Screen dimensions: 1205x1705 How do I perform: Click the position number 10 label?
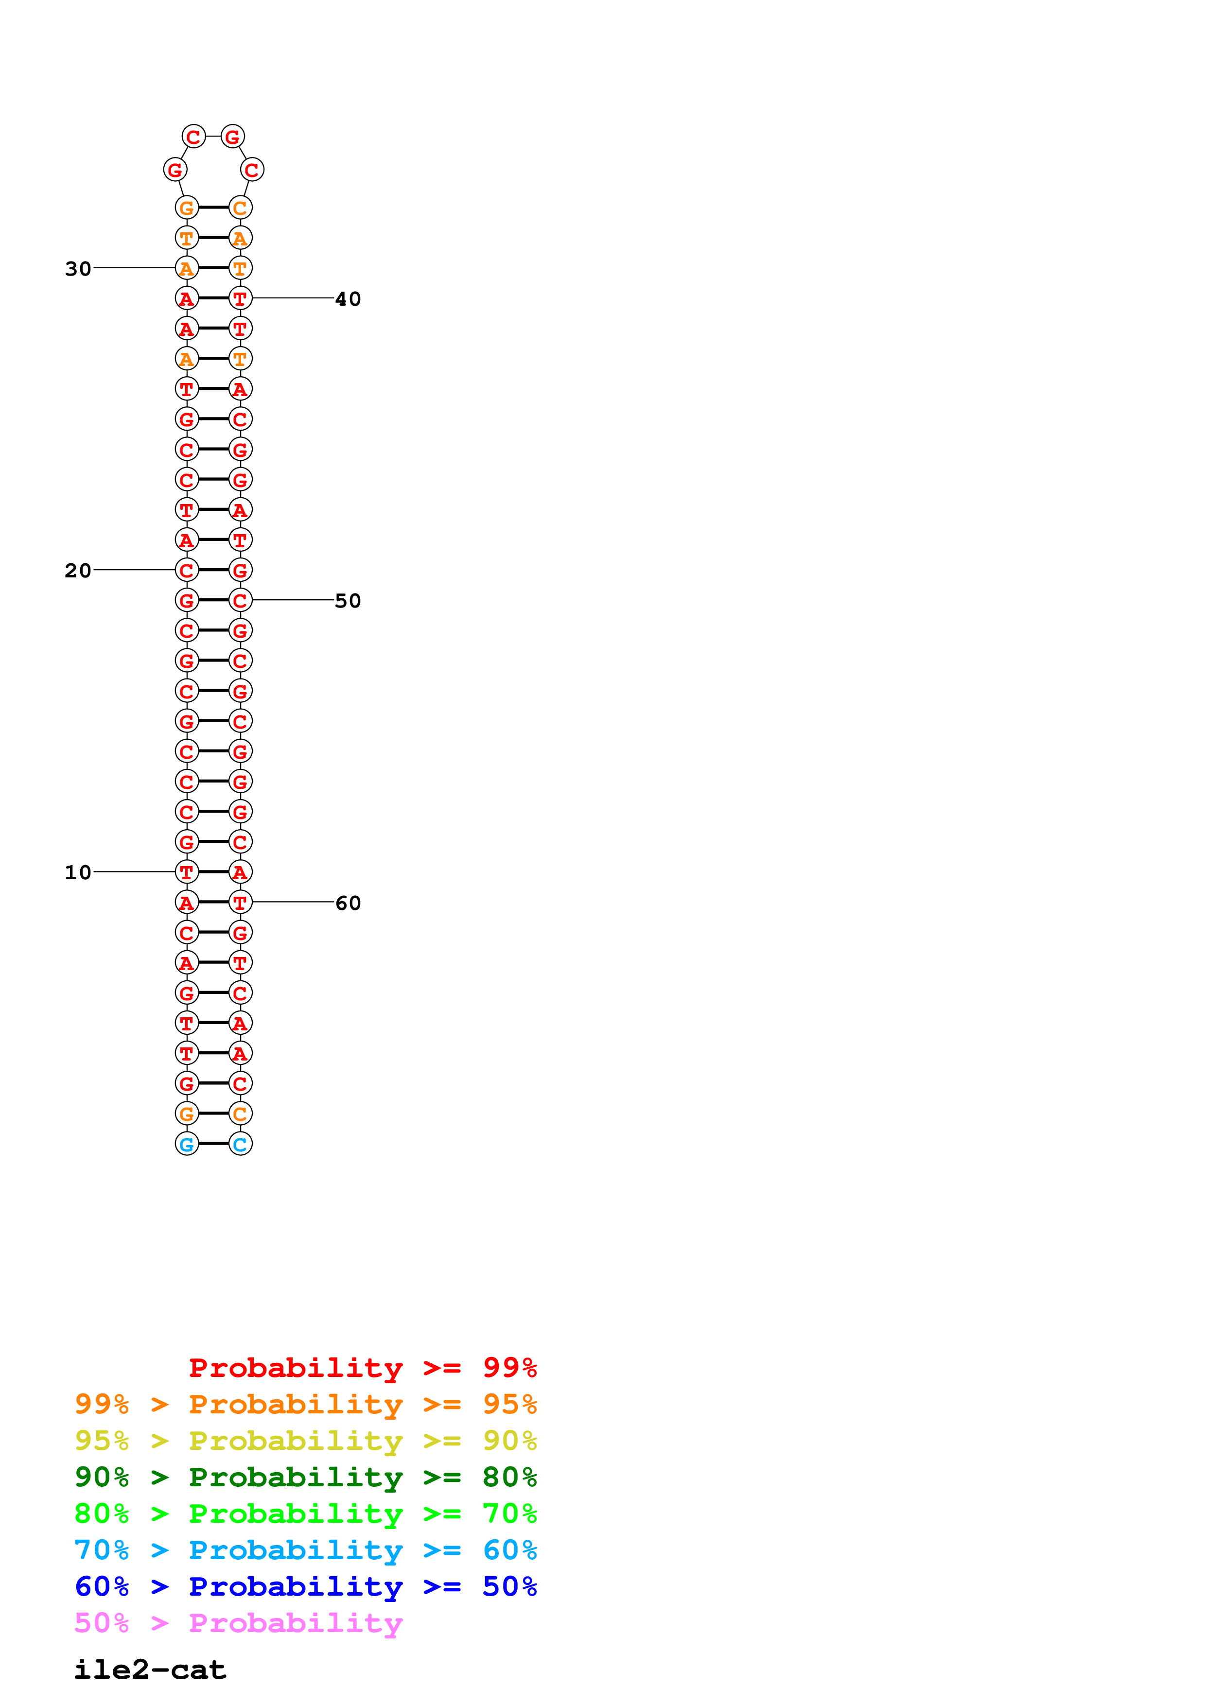(x=78, y=872)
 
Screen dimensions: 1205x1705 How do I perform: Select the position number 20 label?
(x=78, y=570)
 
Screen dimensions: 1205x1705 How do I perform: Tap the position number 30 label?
(x=78, y=268)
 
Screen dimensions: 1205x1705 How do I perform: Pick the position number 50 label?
(x=348, y=600)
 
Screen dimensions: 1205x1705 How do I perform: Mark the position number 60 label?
(x=348, y=903)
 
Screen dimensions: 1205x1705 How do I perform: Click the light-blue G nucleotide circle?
(x=186, y=1144)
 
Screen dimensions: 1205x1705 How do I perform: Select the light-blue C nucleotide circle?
(x=240, y=1144)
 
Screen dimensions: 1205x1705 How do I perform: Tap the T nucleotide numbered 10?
(x=186, y=872)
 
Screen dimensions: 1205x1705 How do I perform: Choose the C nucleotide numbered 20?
(x=186, y=570)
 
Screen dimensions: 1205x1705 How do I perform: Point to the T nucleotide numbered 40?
(x=240, y=298)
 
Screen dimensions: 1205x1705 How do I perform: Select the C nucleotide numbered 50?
(x=240, y=600)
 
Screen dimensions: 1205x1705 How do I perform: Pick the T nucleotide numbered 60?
(x=240, y=902)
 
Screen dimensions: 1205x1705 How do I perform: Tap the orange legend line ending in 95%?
(x=305, y=1404)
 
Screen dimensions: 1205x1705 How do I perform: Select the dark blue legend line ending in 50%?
(x=305, y=1586)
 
